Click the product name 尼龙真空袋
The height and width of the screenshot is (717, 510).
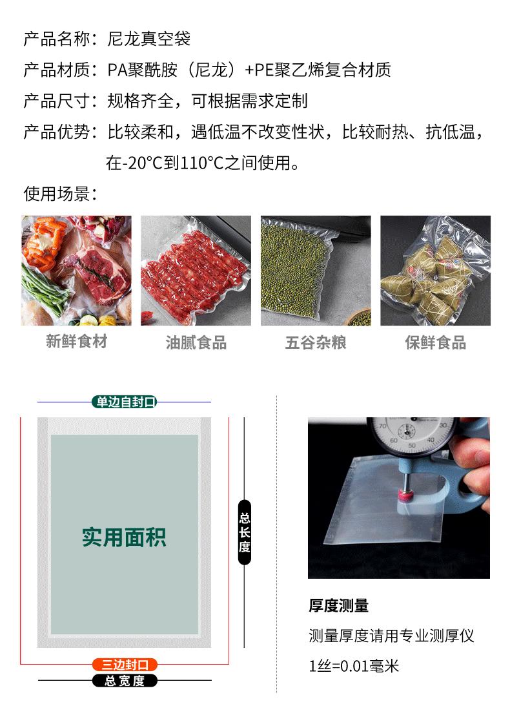[x=148, y=39]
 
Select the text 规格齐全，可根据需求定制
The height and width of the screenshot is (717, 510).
[x=207, y=101]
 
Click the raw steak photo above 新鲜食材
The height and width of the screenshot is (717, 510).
[x=76, y=271]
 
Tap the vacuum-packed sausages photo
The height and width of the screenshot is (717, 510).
[x=196, y=271]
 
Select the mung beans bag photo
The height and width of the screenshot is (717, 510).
[x=316, y=271]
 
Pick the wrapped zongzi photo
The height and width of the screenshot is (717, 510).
[x=435, y=271]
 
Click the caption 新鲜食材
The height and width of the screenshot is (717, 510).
[x=76, y=342]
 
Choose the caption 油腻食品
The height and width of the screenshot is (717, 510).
[x=196, y=343]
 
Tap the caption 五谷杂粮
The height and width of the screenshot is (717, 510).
[x=316, y=342]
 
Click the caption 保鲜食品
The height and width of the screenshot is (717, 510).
[x=435, y=342]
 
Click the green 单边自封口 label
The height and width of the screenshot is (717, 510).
[x=125, y=402]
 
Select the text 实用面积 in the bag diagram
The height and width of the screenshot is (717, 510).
[x=124, y=537]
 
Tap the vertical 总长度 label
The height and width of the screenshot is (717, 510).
[x=244, y=532]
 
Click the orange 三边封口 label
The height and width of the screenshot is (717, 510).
[x=125, y=664]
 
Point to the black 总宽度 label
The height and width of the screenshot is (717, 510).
[x=125, y=680]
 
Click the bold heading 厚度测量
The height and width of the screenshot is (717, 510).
[x=339, y=606]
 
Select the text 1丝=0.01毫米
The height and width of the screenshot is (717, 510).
[x=354, y=665]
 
